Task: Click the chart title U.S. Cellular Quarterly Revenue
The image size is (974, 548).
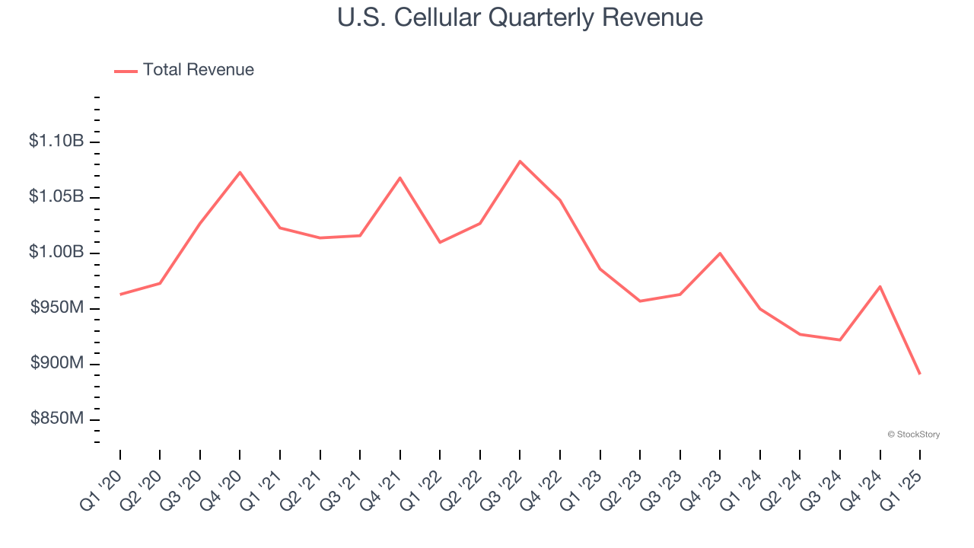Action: click(x=520, y=17)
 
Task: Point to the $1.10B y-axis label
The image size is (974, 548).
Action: click(x=56, y=142)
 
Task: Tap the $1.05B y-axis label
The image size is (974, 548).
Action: click(x=56, y=197)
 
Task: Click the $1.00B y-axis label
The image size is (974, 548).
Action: click(x=56, y=253)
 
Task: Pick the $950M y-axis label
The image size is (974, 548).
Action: click(x=57, y=308)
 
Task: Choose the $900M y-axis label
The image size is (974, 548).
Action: click(x=57, y=364)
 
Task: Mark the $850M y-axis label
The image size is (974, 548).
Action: click(x=57, y=419)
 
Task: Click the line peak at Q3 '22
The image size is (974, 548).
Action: click(x=520, y=161)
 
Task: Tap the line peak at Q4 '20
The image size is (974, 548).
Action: click(x=240, y=172)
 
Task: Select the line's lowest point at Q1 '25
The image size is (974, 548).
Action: click(x=920, y=374)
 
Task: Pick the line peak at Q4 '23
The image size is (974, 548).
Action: click(x=720, y=253)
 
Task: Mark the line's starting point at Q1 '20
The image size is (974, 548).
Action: click(x=120, y=294)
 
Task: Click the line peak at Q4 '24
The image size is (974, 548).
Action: click(x=880, y=286)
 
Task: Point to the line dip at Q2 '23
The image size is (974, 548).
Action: click(x=640, y=301)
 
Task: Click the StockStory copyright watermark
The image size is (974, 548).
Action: click(x=913, y=435)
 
